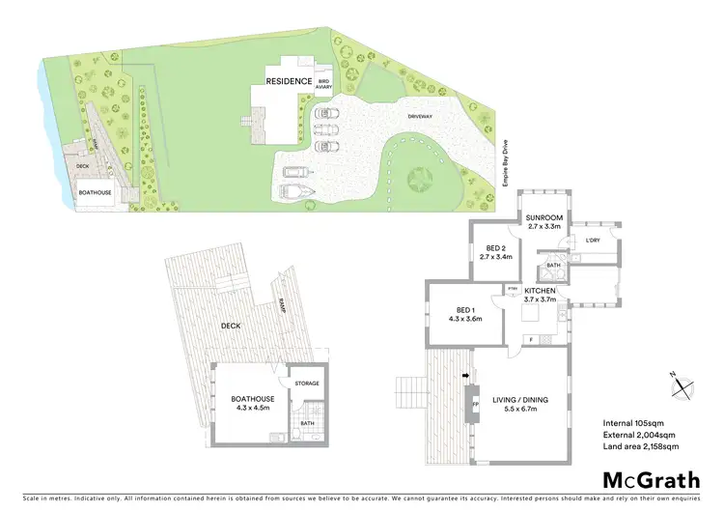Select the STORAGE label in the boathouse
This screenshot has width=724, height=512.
(307, 384)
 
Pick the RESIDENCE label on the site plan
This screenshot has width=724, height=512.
(290, 82)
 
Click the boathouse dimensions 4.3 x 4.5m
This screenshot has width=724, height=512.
(253, 408)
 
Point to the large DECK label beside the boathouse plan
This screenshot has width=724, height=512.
(231, 326)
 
